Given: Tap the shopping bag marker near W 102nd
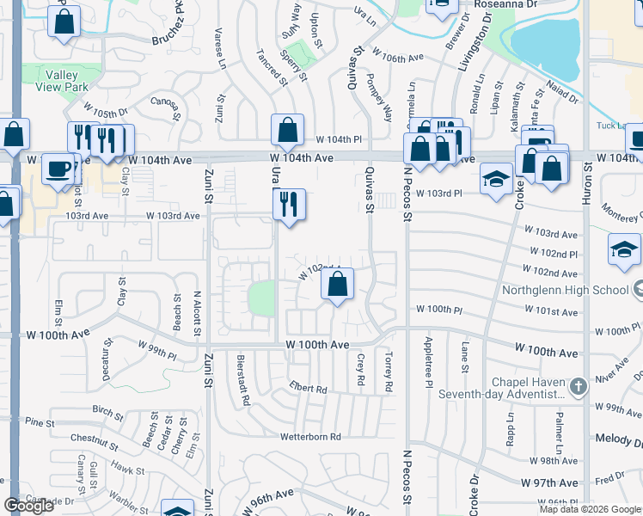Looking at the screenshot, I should point(339,285).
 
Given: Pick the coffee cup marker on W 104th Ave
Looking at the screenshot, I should point(58,169).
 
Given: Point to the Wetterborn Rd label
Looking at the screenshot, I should point(310,437).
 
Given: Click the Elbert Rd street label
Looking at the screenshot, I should point(309,388).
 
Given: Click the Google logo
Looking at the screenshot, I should point(28,506).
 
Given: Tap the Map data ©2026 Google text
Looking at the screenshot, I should point(591,509).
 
